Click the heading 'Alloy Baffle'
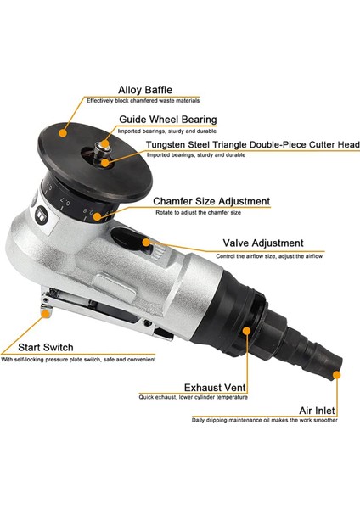pos(145,90)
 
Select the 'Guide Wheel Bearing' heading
pos(168,120)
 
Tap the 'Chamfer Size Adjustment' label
pos(211,201)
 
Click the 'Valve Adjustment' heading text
pos(263,243)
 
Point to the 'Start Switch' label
pos(46,347)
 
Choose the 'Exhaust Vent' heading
pos(215,388)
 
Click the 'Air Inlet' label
pos(317,411)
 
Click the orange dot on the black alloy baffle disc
pos(63,132)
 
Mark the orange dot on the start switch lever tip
pos(46,314)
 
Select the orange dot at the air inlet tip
pos(337,375)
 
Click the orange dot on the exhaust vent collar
pos(246,331)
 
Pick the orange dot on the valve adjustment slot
pos(146,242)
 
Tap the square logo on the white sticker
pos(42,214)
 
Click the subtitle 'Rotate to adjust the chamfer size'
pos(198,213)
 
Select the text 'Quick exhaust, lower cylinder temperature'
pos(194,397)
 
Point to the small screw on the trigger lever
pos(147,323)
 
